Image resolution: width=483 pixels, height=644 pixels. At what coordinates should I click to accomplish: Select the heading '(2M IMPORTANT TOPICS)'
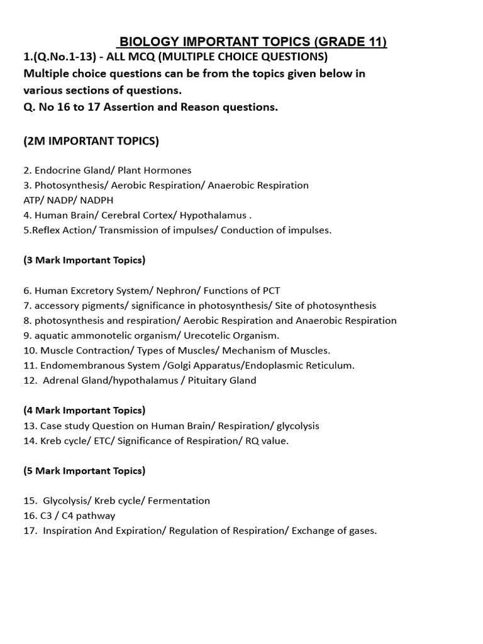point(91,141)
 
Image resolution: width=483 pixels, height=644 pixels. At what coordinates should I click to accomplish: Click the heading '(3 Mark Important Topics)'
point(84,260)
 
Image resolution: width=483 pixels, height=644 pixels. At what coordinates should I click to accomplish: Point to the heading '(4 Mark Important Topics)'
point(84,411)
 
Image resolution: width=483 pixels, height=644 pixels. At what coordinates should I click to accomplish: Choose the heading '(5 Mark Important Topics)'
point(84,470)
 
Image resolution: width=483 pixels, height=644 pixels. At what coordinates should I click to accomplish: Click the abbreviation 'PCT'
point(270,291)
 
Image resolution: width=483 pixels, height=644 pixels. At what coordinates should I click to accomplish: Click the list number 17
point(31,531)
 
